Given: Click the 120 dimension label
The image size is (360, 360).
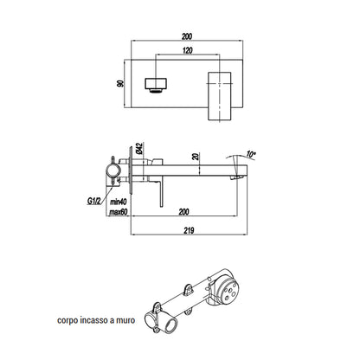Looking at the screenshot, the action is (187, 50).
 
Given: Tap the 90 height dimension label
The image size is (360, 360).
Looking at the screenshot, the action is (120, 84).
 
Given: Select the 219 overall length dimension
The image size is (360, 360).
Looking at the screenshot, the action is (189, 230).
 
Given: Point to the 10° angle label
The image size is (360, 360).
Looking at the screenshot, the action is (251, 154).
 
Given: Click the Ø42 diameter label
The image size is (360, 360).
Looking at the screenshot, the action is (139, 148).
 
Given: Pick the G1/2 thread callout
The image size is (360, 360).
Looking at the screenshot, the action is (93, 201).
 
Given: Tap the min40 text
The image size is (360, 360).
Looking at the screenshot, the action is (119, 201).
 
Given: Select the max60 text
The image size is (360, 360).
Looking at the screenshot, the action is (119, 212).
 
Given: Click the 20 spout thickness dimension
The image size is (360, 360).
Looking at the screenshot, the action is (196, 157).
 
